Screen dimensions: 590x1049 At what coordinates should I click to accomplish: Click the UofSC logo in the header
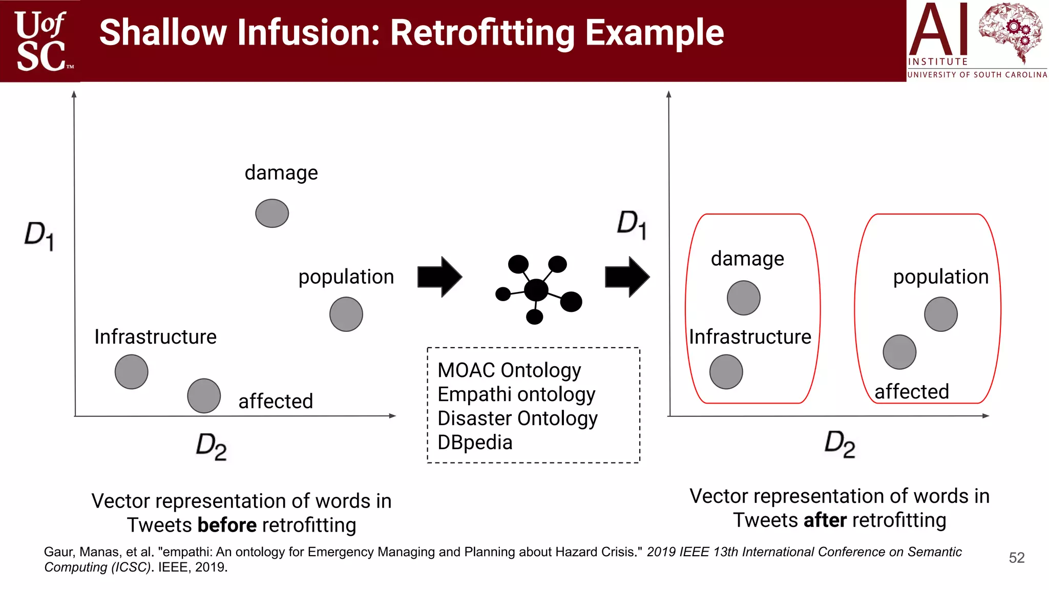41,41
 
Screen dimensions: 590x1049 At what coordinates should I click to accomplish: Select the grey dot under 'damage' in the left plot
272,213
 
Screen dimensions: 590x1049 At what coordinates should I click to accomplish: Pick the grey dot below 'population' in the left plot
346,314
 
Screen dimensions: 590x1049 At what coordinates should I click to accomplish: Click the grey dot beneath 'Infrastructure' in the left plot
132,372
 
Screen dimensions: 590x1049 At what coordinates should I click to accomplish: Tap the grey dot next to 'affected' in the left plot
204,395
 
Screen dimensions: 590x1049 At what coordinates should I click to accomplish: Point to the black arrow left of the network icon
439,277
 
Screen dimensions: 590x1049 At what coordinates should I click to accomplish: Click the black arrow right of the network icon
627,277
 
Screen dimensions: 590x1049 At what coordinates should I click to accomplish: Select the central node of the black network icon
536,290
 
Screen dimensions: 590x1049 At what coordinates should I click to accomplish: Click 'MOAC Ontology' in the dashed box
509,370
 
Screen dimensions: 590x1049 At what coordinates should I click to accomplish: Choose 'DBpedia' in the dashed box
475,442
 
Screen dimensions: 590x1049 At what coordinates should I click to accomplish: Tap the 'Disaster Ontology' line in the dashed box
517,418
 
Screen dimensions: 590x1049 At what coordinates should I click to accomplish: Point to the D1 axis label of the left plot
39,236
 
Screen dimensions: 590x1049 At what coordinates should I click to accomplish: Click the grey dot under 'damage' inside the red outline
743,298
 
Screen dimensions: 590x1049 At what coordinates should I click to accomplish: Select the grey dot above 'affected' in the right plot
899,352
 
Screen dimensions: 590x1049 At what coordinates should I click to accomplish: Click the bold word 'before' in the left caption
227,525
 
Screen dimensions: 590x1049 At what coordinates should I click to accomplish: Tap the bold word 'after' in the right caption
825,520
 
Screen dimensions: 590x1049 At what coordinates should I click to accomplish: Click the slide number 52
1017,558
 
